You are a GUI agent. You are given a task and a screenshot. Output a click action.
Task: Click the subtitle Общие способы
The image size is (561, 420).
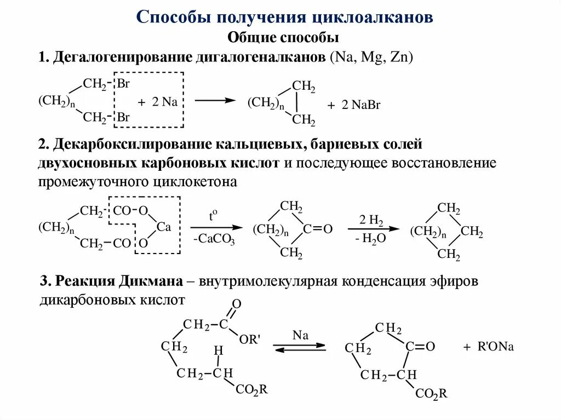pos(283,37)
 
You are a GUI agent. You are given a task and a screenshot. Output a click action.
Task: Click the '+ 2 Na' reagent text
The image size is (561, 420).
pos(158,102)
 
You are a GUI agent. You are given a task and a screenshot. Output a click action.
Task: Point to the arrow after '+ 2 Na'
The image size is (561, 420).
pos(217,100)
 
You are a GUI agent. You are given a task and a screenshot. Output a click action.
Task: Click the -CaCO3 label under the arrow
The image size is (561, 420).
pos(214,239)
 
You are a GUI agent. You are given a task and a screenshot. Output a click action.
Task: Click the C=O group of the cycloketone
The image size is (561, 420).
pos(316,229)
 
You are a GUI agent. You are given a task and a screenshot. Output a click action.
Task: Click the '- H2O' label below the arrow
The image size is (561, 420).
pos(370,239)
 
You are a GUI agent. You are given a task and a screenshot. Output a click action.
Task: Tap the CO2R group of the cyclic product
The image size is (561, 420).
pos(432,393)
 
